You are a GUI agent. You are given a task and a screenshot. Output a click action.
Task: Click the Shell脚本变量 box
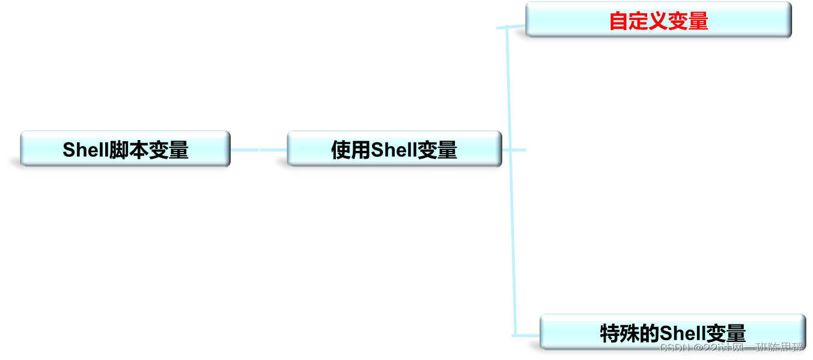click(x=125, y=149)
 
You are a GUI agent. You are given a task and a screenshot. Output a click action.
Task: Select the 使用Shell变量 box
click(x=394, y=149)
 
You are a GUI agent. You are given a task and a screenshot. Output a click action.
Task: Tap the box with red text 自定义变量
click(x=658, y=20)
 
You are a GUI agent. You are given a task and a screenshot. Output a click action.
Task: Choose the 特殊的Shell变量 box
click(x=672, y=332)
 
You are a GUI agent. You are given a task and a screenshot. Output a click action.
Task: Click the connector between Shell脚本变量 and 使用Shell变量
click(x=258, y=150)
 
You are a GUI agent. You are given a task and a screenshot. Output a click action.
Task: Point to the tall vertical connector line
click(x=511, y=180)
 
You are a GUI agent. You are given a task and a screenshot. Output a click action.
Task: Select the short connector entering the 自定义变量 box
click(x=517, y=26)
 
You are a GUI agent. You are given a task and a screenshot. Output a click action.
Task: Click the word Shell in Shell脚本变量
click(x=85, y=150)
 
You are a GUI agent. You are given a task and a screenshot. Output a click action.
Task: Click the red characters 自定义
click(x=633, y=21)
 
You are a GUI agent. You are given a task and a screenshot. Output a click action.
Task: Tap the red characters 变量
click(x=691, y=21)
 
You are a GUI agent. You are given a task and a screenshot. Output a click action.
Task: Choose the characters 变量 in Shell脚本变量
click(x=168, y=150)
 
